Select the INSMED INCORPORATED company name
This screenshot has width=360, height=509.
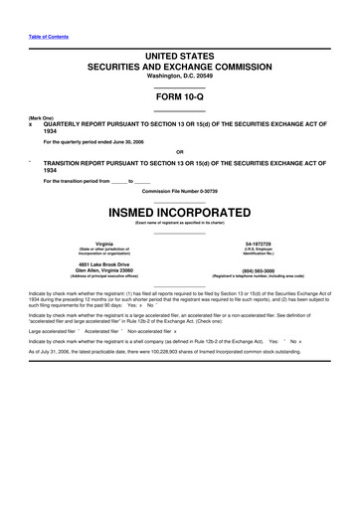point(180,213)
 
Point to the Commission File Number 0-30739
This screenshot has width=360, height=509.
point(180,190)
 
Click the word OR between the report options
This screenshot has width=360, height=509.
point(180,151)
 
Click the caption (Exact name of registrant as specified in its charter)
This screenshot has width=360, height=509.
point(180,223)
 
